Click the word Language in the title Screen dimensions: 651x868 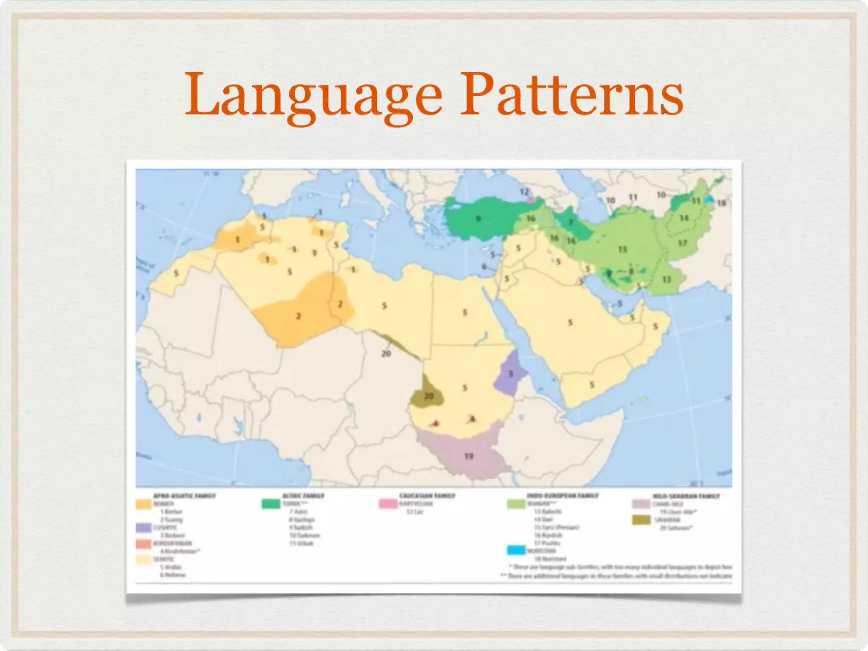click(314, 97)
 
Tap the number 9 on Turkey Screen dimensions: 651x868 click(478, 219)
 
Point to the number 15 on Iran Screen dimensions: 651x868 click(622, 249)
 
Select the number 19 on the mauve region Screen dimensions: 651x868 click(468, 456)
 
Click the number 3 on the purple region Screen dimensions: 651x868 click(511, 374)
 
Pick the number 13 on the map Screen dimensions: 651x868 click(667, 280)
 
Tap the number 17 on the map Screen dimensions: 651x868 click(682, 243)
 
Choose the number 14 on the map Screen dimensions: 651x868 click(684, 218)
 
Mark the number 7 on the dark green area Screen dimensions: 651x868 click(570, 223)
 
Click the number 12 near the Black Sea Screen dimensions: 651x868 click(524, 192)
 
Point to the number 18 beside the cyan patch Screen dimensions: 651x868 click(722, 203)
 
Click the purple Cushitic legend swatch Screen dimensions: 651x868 click(143, 528)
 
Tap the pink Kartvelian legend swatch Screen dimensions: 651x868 click(387, 504)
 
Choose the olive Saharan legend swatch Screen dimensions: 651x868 click(641, 520)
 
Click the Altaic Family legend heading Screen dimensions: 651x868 click(303, 495)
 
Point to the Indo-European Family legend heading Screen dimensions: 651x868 click(563, 495)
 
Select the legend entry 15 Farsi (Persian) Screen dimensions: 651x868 click(556, 528)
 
